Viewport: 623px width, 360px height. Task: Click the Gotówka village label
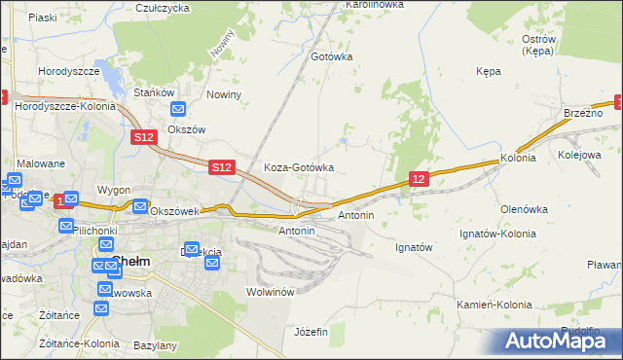pos(331,56)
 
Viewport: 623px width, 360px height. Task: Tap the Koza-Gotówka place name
pos(299,167)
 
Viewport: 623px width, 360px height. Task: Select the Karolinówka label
pos(374,5)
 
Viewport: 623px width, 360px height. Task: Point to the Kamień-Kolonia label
pos(495,305)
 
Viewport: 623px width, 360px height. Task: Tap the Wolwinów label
pos(271,292)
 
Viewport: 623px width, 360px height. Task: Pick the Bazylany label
pos(156,345)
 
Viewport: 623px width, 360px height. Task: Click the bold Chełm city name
pos(129,260)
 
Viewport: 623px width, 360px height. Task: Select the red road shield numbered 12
pos(419,179)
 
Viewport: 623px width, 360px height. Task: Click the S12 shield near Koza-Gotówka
pos(222,167)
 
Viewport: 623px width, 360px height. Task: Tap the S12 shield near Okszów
pos(144,138)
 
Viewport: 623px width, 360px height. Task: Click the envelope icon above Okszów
pos(177,111)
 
